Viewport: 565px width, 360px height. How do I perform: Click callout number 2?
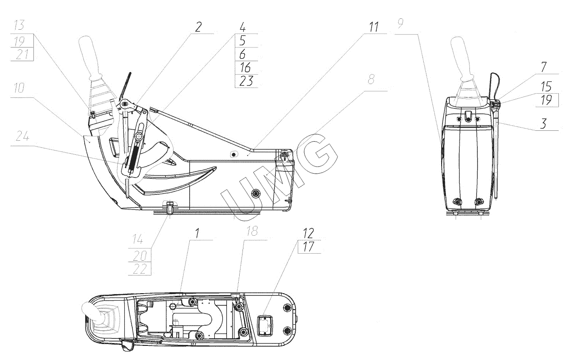coord(199,27)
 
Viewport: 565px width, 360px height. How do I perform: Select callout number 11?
coord(374,27)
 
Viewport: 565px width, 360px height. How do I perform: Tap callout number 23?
coord(246,81)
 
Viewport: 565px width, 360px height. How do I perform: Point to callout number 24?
coord(23,136)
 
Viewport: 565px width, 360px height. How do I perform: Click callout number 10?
coord(19,88)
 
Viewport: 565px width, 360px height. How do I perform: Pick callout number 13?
coord(19,25)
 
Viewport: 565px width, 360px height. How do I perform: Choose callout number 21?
coord(22,55)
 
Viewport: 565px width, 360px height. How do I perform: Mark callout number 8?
coord(371,79)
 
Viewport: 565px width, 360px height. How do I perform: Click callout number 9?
coord(401,24)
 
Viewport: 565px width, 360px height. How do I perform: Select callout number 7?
coord(544,67)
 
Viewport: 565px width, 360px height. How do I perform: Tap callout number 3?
coord(543,123)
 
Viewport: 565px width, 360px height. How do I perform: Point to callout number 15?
coord(546,87)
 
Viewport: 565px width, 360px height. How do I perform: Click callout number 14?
coord(137,240)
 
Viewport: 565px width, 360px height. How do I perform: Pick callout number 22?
coord(139,269)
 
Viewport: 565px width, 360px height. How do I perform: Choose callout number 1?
coord(197,233)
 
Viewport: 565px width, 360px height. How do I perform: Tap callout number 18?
coord(252,231)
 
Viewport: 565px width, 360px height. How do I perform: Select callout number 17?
coord(308,247)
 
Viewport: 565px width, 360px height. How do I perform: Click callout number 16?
coord(245,68)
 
